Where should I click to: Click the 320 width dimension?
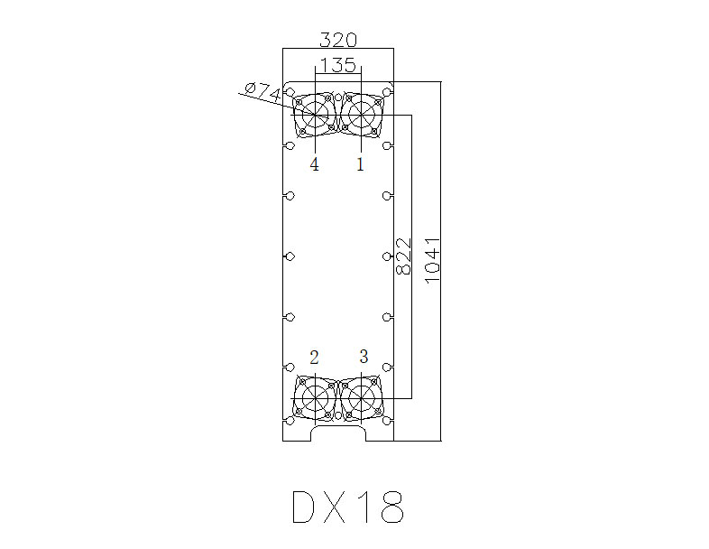[x=338, y=40]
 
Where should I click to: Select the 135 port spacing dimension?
[x=337, y=65]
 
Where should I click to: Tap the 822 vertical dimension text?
[x=405, y=256]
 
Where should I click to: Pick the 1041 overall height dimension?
[x=433, y=260]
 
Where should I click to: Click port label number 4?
[x=314, y=164]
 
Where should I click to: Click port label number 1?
[x=361, y=164]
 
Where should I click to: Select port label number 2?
[x=314, y=357]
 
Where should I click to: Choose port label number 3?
[x=364, y=357]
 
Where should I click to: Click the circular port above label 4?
[x=315, y=115]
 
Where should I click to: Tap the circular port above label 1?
[x=362, y=115]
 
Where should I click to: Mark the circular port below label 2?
[x=315, y=397]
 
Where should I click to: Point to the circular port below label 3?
[x=362, y=397]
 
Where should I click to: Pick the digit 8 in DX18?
[x=391, y=508]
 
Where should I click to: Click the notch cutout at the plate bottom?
[x=338, y=434]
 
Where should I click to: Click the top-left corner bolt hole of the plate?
[x=290, y=91]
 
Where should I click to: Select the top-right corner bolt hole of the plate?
[x=388, y=91]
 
